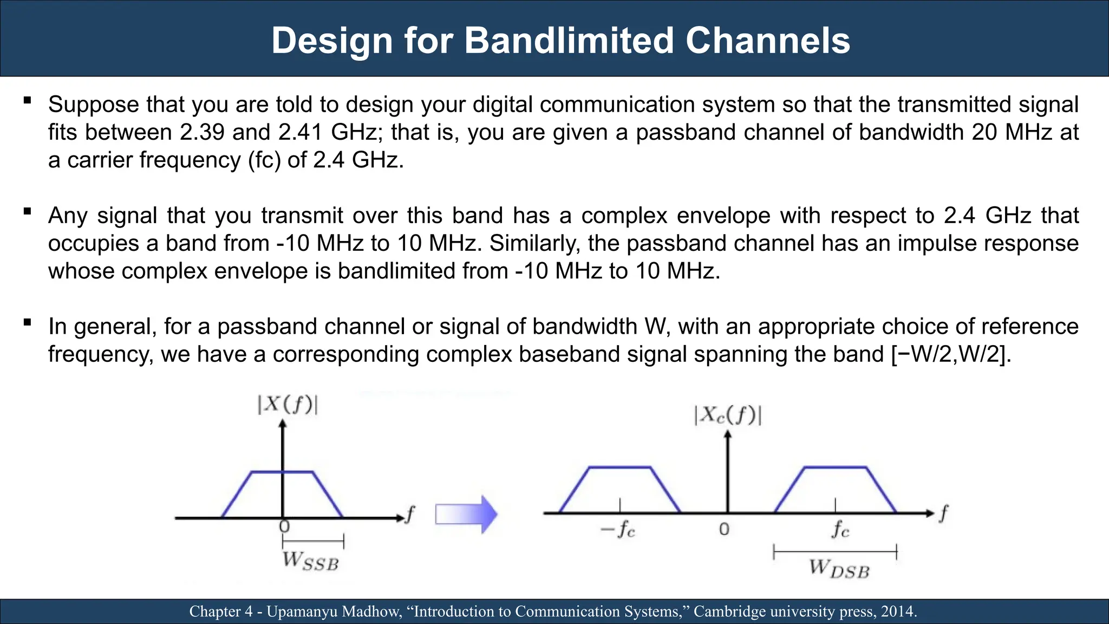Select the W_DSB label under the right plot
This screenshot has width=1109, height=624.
[x=839, y=569]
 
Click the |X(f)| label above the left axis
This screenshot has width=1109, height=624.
[x=288, y=405]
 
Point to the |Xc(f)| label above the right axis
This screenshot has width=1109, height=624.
[x=727, y=415]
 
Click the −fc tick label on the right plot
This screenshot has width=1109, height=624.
[x=618, y=529]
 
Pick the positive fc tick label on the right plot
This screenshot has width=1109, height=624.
[x=840, y=529]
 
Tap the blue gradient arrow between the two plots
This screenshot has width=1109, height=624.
[x=466, y=514]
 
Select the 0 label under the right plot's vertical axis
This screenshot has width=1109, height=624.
[x=724, y=529]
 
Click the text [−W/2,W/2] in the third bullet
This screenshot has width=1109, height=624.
[x=951, y=354]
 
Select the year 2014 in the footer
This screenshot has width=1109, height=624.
[x=898, y=612]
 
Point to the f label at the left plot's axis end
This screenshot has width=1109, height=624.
[x=410, y=513]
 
